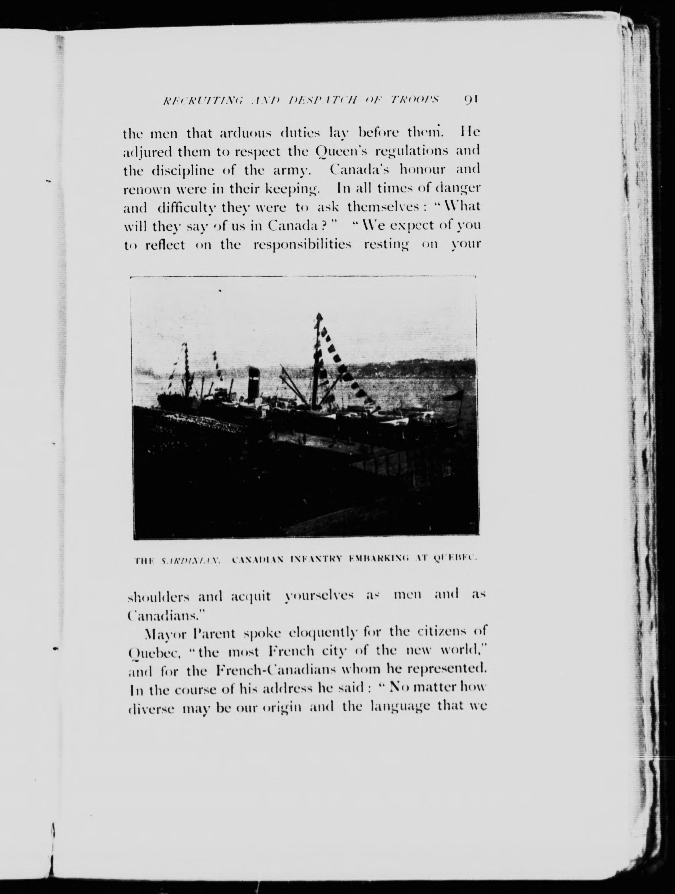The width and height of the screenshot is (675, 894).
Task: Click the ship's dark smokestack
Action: click(x=254, y=383)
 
